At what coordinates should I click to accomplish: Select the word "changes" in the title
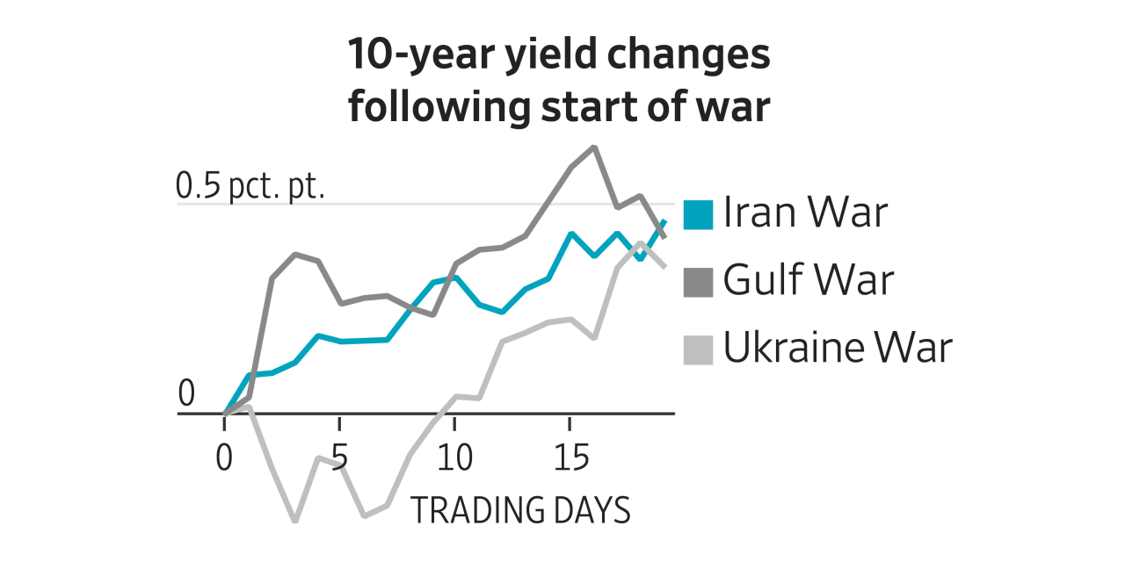coord(700,54)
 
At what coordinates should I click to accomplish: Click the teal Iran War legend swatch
coord(698,213)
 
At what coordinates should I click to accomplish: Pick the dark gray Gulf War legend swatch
coord(698,281)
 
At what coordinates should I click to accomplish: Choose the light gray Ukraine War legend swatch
coord(698,349)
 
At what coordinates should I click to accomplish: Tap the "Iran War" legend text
coord(805,213)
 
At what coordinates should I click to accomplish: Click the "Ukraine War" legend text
coord(838,349)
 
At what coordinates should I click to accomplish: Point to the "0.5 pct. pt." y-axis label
coord(250,186)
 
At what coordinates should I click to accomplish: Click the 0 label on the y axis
coord(186,395)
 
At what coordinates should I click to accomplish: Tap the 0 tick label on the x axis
coord(225,458)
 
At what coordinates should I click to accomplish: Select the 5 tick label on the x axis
coord(339,458)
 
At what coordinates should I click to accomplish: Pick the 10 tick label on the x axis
coord(454,458)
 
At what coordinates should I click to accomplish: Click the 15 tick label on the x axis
coord(570,458)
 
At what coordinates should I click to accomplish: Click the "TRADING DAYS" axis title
coord(520,510)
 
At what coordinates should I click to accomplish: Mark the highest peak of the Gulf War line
coord(594,147)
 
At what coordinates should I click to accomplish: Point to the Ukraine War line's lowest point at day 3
coord(294,521)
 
